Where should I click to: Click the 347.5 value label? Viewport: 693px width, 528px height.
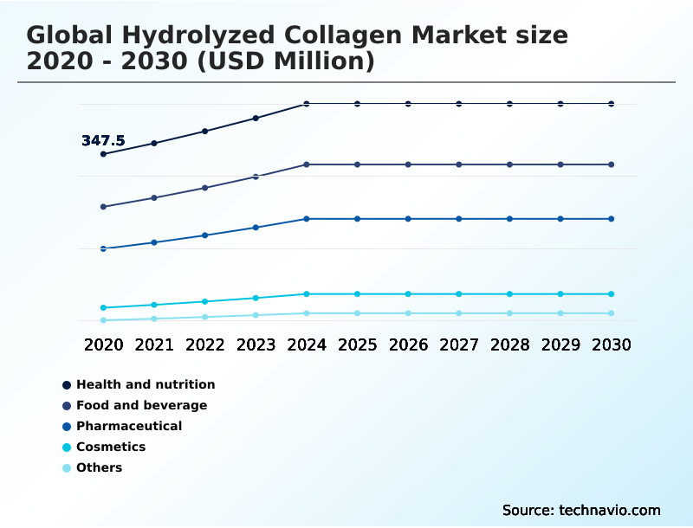click(x=103, y=140)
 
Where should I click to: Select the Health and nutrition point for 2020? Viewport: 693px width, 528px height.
click(x=103, y=154)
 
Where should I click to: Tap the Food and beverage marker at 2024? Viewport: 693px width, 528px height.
click(x=307, y=164)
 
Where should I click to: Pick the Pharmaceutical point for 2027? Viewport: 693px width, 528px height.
click(x=459, y=219)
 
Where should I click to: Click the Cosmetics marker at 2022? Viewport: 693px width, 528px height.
click(x=205, y=301)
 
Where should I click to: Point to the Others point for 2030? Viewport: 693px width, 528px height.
click(x=612, y=313)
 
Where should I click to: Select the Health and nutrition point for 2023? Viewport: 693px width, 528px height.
click(x=256, y=118)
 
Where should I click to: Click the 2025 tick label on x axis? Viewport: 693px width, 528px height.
click(x=357, y=344)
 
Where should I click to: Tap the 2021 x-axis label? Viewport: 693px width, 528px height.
click(x=154, y=344)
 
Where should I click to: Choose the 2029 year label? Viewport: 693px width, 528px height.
click(x=560, y=344)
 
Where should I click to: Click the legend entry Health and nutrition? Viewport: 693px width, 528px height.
click(x=146, y=384)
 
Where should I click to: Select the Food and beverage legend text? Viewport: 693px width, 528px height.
click(x=141, y=405)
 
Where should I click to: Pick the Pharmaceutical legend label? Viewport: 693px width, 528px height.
click(x=129, y=426)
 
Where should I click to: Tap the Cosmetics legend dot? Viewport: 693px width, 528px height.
click(x=67, y=448)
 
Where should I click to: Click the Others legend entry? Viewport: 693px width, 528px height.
click(x=99, y=467)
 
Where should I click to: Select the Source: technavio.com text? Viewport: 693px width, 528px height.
click(x=581, y=510)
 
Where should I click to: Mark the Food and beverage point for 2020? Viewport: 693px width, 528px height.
click(x=103, y=207)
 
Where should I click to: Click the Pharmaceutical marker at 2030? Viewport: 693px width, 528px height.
click(x=612, y=219)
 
